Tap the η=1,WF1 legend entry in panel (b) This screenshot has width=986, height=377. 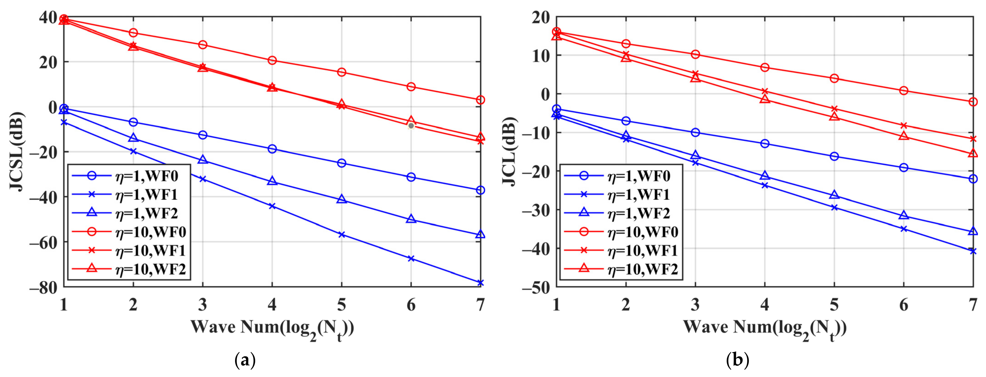639,195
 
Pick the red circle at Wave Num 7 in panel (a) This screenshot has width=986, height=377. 480,100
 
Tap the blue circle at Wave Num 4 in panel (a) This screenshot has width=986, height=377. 272,149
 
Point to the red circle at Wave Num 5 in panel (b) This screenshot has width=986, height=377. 834,78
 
